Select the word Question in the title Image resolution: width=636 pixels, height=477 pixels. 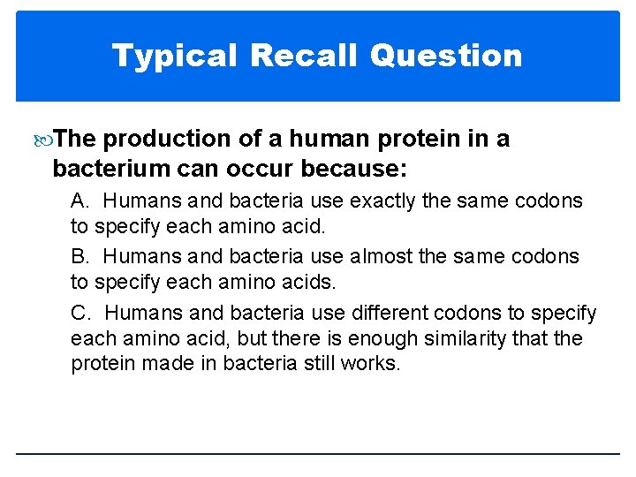click(x=446, y=56)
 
